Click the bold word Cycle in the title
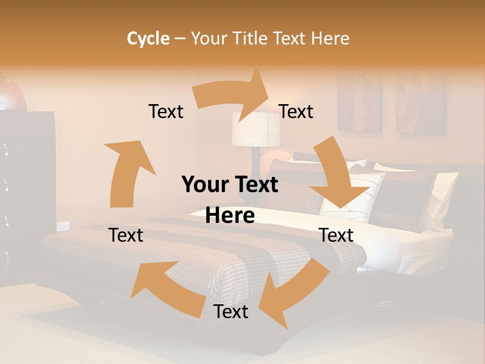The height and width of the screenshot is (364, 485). tap(148, 38)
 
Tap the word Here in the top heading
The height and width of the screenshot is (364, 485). tap(330, 38)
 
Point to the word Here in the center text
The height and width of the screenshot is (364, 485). tap(230, 215)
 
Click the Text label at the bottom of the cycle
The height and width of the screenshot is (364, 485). tap(231, 312)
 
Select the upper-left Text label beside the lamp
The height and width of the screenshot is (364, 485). tap(166, 111)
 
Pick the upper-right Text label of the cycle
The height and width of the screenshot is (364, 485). tap(296, 111)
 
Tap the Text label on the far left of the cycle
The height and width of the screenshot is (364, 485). tap(126, 235)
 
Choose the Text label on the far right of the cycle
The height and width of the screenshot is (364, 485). tap(336, 235)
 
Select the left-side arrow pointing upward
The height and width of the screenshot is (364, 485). tap(126, 172)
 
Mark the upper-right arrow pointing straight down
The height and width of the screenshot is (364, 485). tap(338, 177)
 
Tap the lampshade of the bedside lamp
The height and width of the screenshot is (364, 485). tap(256, 129)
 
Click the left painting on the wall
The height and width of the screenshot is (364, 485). tap(360, 101)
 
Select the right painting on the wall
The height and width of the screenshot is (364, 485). tap(420, 104)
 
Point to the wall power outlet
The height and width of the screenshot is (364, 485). tap(63, 226)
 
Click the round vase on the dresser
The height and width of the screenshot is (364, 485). tap(11, 94)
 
